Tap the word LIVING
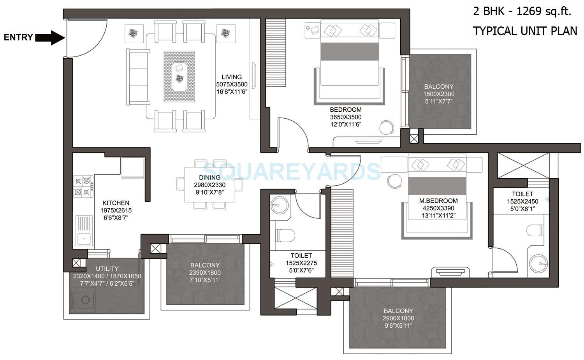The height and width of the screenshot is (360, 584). tap(232, 77)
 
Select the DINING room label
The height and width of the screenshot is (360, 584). tap(209, 177)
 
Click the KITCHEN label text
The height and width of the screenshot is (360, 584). tap(116, 203)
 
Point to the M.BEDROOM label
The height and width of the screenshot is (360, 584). tap(438, 201)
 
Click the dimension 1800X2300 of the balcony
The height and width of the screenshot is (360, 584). tap(439, 94)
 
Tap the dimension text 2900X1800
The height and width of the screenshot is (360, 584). tap(398, 318)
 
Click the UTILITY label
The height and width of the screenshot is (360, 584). tap(107, 269)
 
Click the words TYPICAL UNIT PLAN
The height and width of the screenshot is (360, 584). tap(525, 31)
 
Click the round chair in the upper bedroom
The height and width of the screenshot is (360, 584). tap(387, 127)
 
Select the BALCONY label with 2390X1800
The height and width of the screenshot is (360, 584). tap(205, 265)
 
